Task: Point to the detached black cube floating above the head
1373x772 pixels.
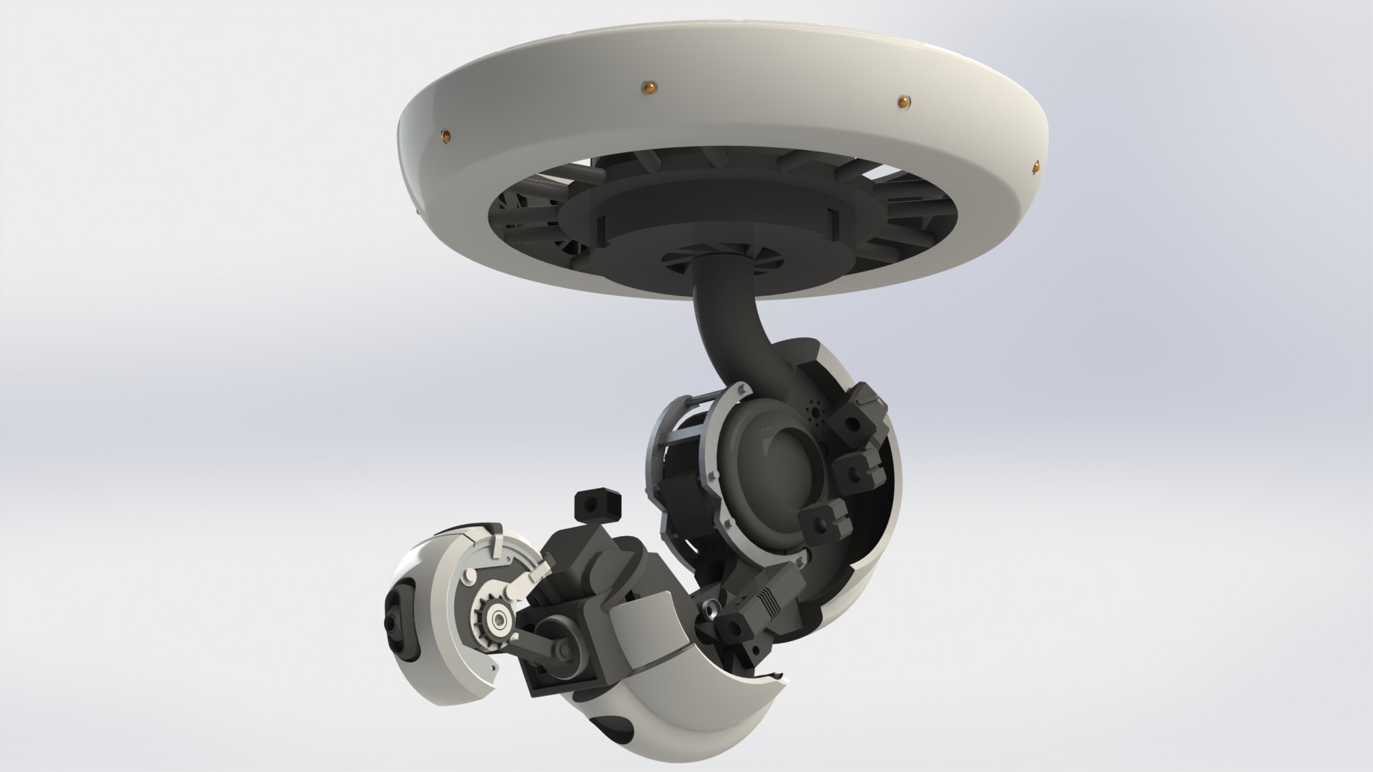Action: pyautogui.click(x=596, y=505)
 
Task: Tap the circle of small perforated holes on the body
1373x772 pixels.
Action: pyautogui.click(x=815, y=412)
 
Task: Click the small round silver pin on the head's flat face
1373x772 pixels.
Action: pyautogui.click(x=470, y=575)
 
